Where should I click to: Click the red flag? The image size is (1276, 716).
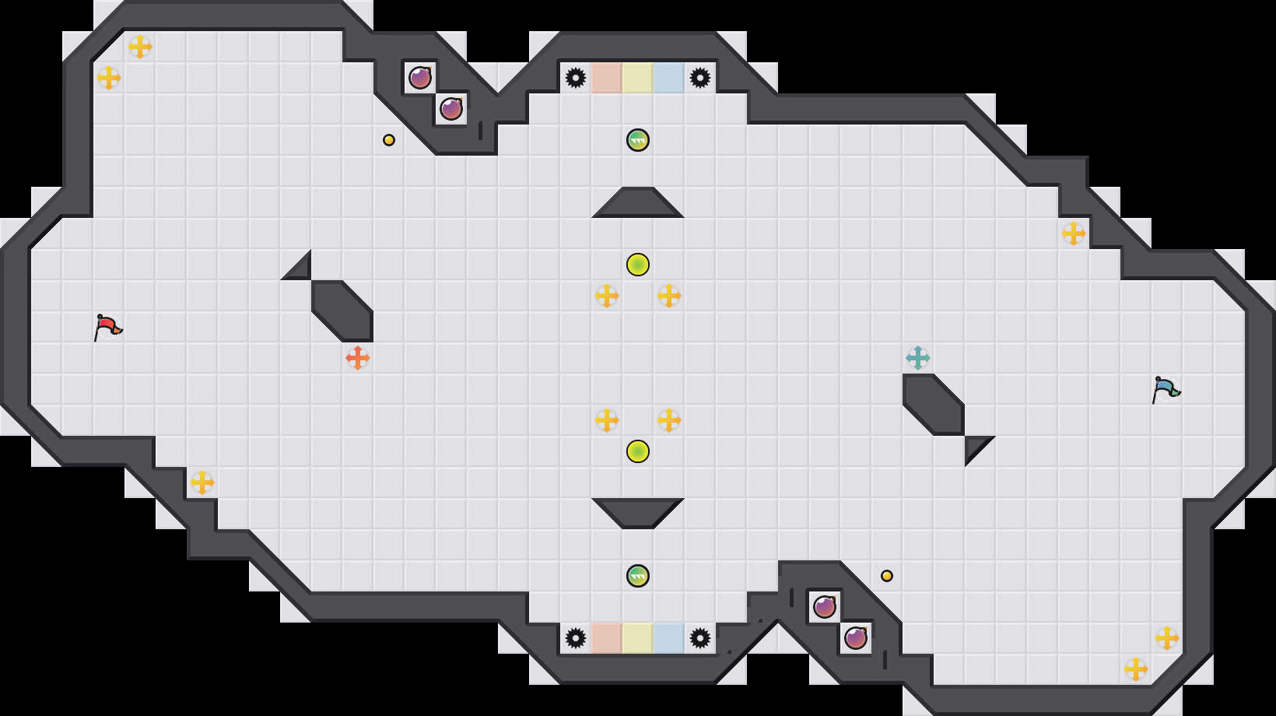tap(107, 327)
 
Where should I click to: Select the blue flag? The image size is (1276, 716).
tap(1166, 389)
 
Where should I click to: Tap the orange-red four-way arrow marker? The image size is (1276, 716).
tap(358, 358)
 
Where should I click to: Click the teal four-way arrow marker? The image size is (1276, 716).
tap(918, 358)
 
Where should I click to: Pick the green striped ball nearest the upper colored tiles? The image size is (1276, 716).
tap(638, 140)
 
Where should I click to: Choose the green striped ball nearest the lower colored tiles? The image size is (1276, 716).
tap(638, 576)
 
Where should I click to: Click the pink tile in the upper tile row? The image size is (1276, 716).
tap(607, 78)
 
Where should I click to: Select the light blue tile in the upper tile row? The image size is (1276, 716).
tap(669, 78)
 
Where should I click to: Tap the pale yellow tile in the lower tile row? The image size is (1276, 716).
tap(638, 638)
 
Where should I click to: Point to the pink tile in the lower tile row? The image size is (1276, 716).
tap(607, 638)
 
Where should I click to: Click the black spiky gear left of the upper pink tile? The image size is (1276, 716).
tap(576, 78)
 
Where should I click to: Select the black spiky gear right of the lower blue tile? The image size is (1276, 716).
tap(700, 638)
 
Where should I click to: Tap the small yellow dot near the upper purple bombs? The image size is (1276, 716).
tap(389, 140)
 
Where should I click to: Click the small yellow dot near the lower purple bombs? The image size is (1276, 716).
tap(887, 576)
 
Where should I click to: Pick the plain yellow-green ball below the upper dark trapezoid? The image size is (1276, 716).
tap(638, 265)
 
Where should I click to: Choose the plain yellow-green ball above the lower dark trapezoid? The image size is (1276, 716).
tap(638, 451)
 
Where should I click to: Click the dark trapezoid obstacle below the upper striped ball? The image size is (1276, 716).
tap(638, 204)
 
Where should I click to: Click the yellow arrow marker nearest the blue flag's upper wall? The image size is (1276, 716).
tap(1074, 233)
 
